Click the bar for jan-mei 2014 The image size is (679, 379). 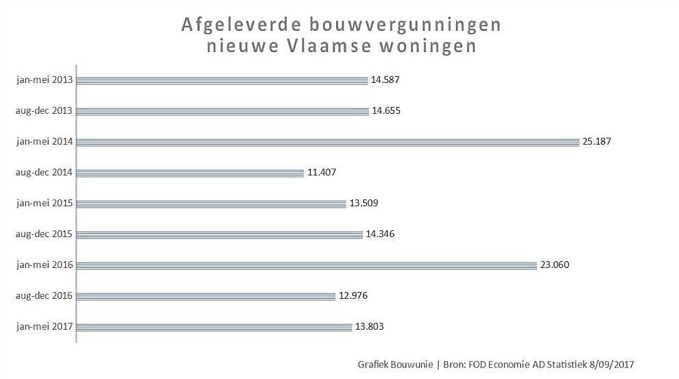(328, 142)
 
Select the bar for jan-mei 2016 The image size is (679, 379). (306, 265)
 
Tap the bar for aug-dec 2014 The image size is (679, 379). (189, 173)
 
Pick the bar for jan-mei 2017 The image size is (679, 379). (213, 327)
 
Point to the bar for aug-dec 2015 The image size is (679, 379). (219, 234)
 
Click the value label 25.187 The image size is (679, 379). (596, 142)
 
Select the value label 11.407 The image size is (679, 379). (322, 173)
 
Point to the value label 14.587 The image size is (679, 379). (385, 80)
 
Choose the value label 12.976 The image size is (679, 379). (353, 296)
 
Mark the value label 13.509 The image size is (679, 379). (364, 204)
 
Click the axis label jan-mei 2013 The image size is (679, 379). (45, 80)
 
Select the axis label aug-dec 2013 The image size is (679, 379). (44, 111)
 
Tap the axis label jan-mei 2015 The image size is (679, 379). (45, 204)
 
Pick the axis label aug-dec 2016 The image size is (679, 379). (44, 296)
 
